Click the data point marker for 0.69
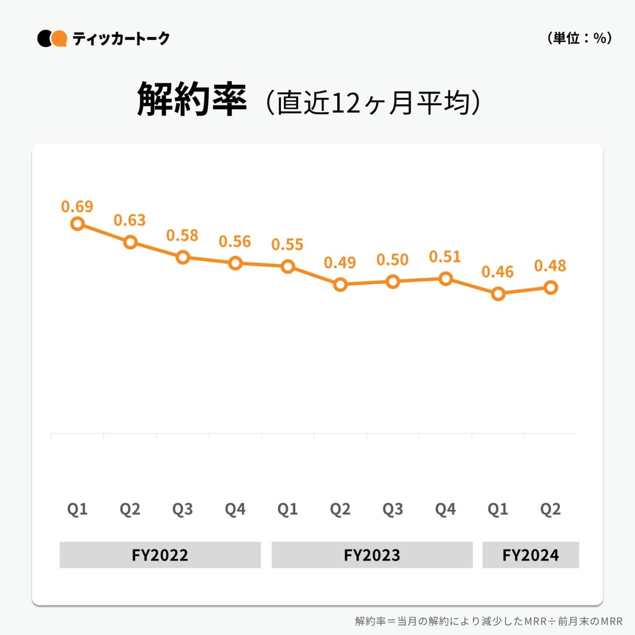[x=78, y=224]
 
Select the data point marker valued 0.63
[x=130, y=242]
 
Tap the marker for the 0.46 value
[x=498, y=294]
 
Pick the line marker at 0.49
[x=340, y=284]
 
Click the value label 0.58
[x=182, y=236]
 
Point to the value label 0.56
[x=235, y=241]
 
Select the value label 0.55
[x=287, y=244]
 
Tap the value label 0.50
[x=393, y=260]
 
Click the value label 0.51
[x=445, y=257]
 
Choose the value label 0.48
[x=550, y=266]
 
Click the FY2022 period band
[x=160, y=555]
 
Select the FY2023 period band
[x=372, y=555]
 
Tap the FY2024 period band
[x=530, y=555]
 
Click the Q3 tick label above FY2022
[x=182, y=509]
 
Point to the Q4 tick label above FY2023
[x=445, y=509]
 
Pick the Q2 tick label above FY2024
[x=550, y=509]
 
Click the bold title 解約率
[x=192, y=99]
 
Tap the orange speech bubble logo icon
[x=59, y=39]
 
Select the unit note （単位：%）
[x=580, y=38]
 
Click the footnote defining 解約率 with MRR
[x=488, y=621]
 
